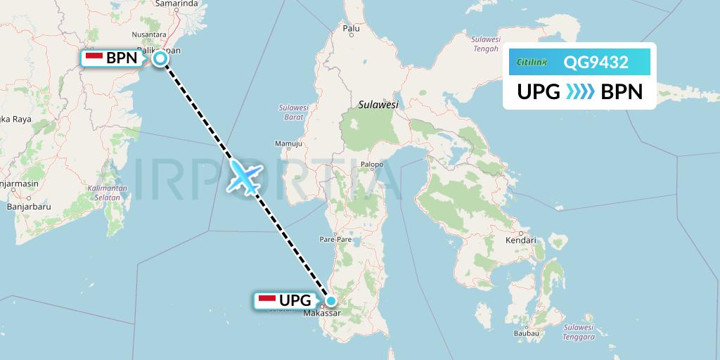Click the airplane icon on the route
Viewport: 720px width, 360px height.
244,176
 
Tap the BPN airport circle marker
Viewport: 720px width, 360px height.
160,58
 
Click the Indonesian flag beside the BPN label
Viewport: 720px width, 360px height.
94,58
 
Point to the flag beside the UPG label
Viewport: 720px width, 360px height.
266,300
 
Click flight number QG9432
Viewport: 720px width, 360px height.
596,63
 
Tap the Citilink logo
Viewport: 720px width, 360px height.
532,63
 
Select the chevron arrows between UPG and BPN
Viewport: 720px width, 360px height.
580,91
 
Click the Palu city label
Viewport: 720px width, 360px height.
351,29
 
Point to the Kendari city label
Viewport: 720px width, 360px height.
520,240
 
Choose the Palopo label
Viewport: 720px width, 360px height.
371,165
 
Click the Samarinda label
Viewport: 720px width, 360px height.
176,4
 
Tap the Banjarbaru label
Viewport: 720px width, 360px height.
25,207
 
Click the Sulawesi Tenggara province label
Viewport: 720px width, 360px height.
579,332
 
